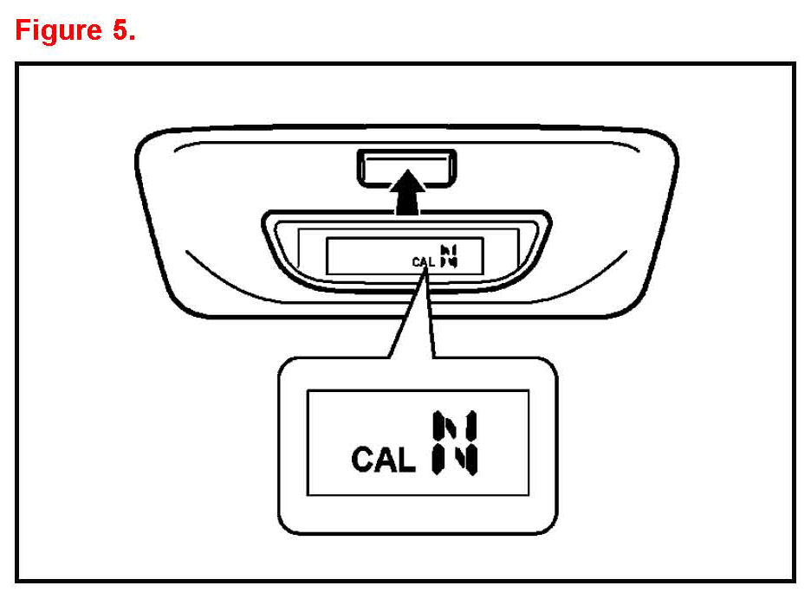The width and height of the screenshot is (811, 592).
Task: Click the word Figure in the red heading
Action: coord(59,30)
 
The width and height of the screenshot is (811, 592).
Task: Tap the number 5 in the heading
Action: coord(120,30)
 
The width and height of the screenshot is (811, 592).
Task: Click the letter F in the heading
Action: coord(24,30)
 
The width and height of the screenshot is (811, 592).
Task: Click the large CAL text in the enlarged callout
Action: coord(383,460)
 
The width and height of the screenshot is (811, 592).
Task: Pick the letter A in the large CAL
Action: coord(384,460)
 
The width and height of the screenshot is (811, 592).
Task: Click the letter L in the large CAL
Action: coord(405,460)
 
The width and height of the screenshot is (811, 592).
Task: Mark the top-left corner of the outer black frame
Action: coord(18,64)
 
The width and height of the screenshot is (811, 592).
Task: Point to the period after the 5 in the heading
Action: coord(132,38)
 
